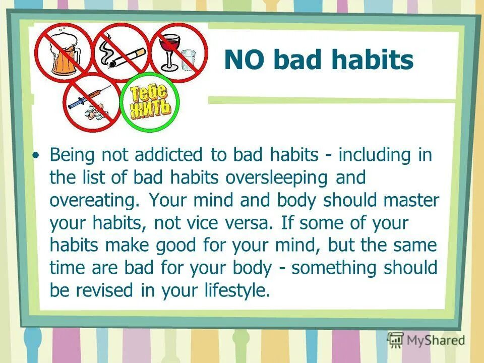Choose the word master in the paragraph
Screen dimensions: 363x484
[x=413, y=200]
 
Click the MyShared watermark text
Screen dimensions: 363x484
[x=435, y=340]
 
